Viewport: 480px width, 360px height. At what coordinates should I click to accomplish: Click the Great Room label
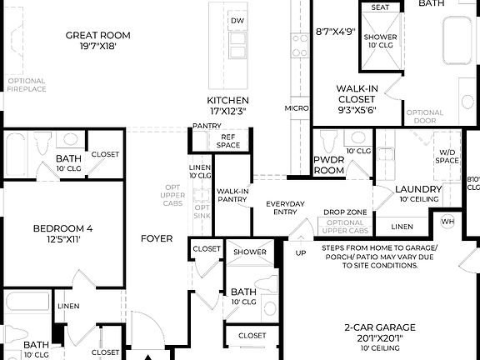click(x=97, y=35)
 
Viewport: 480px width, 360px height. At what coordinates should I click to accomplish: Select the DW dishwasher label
click(x=237, y=21)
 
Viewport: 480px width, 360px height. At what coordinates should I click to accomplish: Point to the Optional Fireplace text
click(x=27, y=85)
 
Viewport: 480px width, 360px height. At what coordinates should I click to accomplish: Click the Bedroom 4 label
click(x=62, y=228)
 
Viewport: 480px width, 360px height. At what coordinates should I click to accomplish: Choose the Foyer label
click(x=157, y=238)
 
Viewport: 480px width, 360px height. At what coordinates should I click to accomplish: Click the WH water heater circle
click(x=447, y=221)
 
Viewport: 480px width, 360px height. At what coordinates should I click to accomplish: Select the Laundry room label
click(x=412, y=190)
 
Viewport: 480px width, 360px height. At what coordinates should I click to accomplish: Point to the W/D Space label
click(x=447, y=155)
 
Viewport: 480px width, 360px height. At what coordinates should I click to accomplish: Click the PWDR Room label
click(x=328, y=164)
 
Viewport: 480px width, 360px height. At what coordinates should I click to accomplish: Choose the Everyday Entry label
click(x=285, y=207)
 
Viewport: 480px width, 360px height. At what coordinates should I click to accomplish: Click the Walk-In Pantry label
click(x=232, y=195)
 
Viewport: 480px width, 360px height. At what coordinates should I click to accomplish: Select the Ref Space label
click(x=227, y=142)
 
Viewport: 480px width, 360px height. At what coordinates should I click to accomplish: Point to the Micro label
click(x=296, y=108)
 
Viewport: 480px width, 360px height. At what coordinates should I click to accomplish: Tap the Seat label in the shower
click(x=380, y=7)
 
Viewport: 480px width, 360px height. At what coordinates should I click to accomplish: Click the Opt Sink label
click(x=202, y=212)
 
